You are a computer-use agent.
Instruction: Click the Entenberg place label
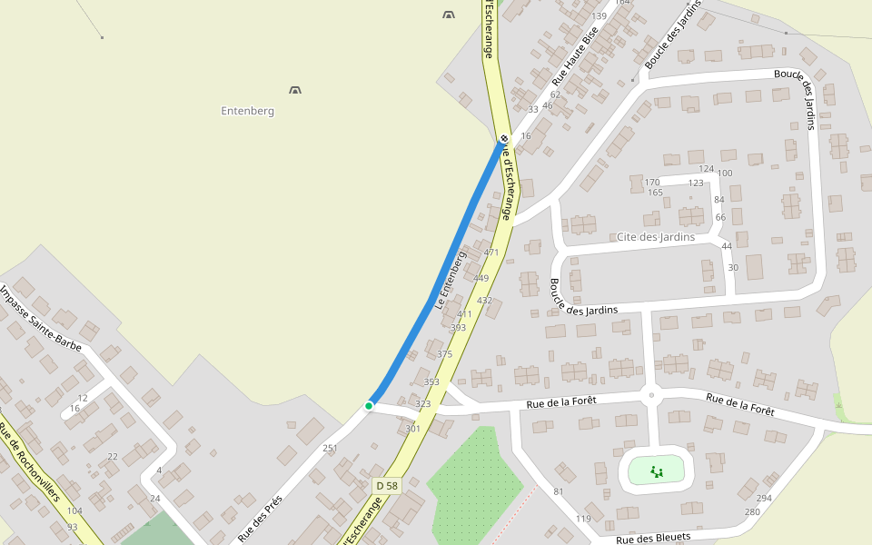247,111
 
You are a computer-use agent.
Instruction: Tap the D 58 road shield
387,486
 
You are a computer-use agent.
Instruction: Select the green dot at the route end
369,405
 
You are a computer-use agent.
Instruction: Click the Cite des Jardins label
655,237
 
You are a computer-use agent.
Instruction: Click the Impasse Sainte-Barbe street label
41,318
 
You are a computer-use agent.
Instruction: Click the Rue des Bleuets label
653,538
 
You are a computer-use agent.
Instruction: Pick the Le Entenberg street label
450,281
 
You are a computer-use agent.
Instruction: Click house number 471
491,253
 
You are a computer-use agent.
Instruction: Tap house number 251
330,449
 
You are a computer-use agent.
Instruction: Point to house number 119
583,519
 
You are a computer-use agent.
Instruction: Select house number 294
764,498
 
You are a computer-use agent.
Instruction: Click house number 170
652,183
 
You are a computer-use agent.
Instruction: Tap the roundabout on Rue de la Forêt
650,394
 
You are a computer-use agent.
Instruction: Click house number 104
74,511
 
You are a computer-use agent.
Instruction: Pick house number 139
599,16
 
